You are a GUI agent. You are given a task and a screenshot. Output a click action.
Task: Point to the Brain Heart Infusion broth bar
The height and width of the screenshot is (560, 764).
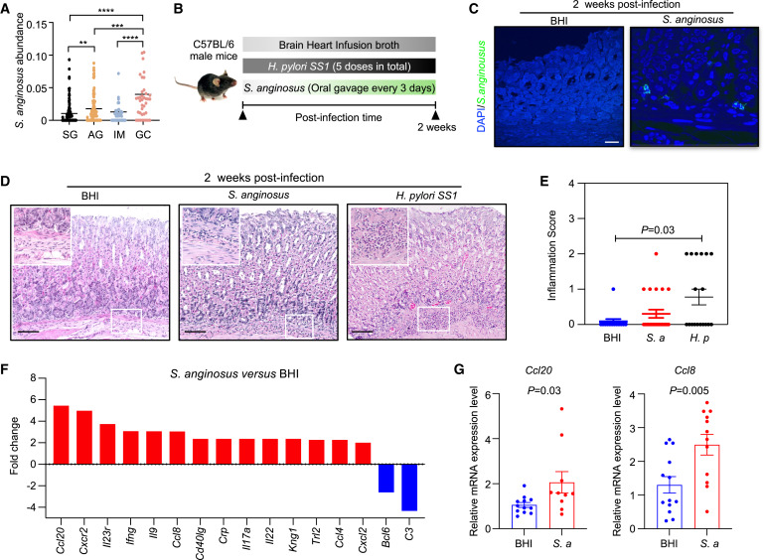click(x=339, y=45)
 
